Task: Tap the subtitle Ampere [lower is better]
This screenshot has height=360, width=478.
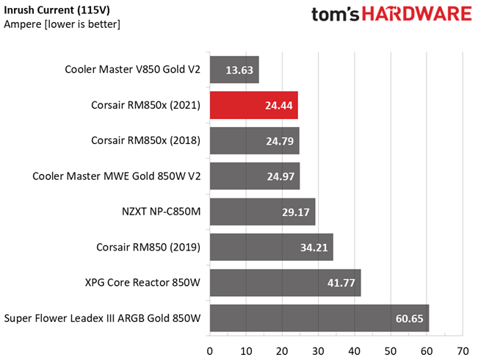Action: pyautogui.click(x=62, y=24)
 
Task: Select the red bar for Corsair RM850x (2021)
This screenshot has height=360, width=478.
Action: pyautogui.click(x=253, y=105)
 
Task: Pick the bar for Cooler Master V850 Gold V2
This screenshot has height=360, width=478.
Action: pyautogui.click(x=234, y=70)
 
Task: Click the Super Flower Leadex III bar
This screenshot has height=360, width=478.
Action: pyautogui.click(x=319, y=318)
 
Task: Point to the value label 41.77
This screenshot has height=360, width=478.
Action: pyautogui.click(x=338, y=283)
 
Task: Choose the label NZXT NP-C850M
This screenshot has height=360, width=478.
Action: pyautogui.click(x=151, y=212)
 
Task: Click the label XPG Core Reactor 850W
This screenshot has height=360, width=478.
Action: pyautogui.click(x=142, y=283)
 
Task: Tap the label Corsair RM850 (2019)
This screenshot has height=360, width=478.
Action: pyautogui.click(x=148, y=248)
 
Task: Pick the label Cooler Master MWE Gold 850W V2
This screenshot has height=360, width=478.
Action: pyautogui.click(x=116, y=176)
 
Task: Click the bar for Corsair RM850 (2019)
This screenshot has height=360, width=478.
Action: pyautogui.click(x=271, y=248)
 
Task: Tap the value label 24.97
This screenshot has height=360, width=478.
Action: pyautogui.click(x=279, y=176)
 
